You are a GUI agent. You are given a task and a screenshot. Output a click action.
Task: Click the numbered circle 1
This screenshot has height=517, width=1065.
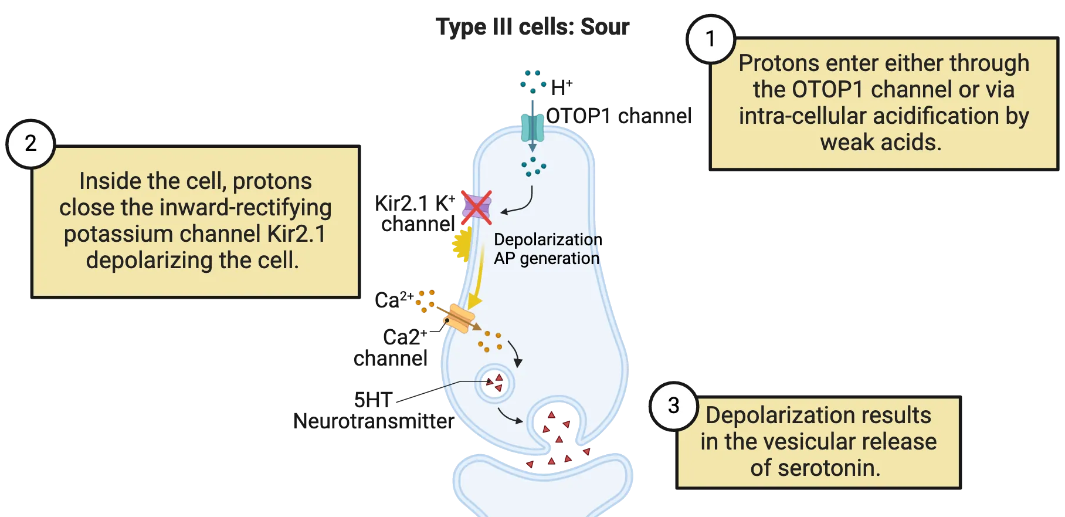(x=710, y=39)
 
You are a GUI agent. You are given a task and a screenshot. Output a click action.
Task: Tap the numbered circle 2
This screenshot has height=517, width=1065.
(x=30, y=144)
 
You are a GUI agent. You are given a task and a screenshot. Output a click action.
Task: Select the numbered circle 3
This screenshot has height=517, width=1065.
(x=674, y=406)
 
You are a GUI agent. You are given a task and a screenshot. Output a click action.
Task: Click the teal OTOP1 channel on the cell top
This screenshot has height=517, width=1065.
(x=532, y=127)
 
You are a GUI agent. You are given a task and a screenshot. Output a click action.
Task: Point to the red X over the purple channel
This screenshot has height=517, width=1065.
(x=476, y=207)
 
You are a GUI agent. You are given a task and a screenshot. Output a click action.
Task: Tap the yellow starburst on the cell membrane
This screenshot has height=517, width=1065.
(x=462, y=244)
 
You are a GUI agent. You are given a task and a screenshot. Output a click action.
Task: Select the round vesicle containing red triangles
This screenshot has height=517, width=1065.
(x=494, y=384)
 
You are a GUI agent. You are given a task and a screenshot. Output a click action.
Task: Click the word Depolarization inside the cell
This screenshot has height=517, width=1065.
(x=545, y=239)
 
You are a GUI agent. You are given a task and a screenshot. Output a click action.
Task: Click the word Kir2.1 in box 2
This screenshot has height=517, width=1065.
(x=296, y=234)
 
